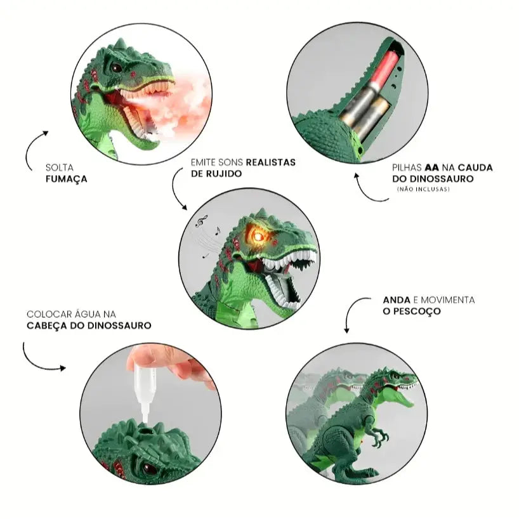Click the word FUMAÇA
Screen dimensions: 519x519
tap(67, 180)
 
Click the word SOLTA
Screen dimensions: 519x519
tap(58, 168)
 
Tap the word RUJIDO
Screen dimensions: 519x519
tap(225, 173)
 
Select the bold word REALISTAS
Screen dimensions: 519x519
tap(270, 162)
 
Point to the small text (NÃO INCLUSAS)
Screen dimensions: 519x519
tap(423, 189)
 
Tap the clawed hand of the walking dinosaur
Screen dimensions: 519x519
tap(378, 437)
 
